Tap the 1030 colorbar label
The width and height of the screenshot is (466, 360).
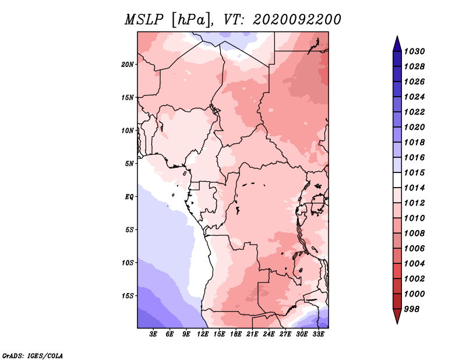415,51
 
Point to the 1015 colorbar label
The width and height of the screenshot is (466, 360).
415,172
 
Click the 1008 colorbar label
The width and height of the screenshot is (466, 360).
415,233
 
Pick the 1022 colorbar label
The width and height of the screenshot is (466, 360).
415,112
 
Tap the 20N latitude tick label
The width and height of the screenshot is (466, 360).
128,64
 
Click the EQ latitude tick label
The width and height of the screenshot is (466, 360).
129,196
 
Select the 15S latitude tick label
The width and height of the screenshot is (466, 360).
128,295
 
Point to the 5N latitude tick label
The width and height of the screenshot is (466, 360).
129,164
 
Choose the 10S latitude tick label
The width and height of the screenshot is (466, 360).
128,263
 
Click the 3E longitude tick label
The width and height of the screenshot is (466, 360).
154,334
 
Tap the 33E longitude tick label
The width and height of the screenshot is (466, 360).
318,334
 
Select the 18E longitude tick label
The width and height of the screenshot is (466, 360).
236,334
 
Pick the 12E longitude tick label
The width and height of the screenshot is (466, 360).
203,334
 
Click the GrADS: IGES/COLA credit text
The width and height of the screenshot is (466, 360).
32,355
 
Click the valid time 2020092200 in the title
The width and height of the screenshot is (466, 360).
296,20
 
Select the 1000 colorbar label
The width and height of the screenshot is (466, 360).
415,294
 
